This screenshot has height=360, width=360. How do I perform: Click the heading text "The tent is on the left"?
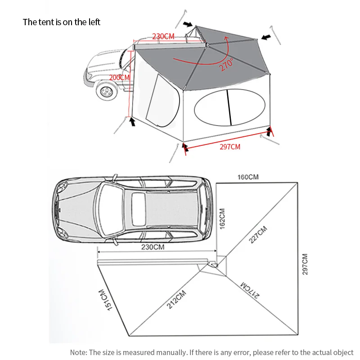tap(61, 22)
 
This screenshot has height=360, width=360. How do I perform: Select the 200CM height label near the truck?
tap(119, 77)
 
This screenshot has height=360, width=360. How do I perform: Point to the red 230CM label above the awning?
tap(163, 36)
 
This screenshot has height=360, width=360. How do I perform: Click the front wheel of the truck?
tap(107, 91)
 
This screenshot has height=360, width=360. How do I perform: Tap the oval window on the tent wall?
tap(229, 107)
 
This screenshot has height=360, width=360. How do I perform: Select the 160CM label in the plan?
tap(248, 177)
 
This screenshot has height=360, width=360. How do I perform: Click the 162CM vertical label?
tap(222, 219)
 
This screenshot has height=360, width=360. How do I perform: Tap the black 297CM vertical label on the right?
tap(305, 264)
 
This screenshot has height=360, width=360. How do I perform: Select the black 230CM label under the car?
tap(153, 247)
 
